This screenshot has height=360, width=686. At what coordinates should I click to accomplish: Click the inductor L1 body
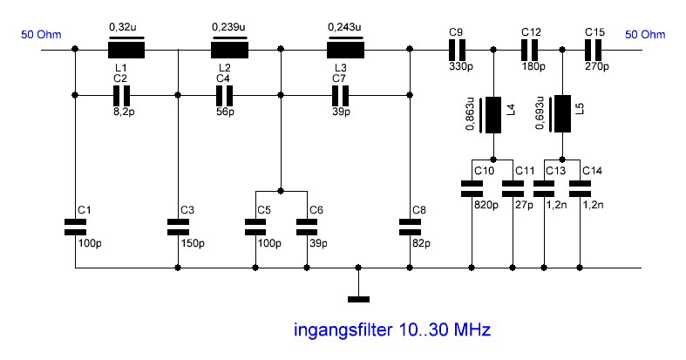tap(126, 50)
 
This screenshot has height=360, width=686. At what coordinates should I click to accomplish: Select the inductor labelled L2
tap(230, 50)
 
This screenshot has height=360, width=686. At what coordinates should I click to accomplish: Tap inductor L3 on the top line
tap(346, 50)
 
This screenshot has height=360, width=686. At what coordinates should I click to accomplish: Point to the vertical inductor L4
tap(493, 115)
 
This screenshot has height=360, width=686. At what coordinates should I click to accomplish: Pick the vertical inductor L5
tap(562, 113)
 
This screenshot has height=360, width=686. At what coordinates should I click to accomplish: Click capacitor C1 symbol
tap(75, 228)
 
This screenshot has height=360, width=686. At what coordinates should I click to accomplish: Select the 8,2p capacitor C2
tap(122, 95)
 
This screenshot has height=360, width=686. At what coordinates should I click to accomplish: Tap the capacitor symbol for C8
tap(410, 228)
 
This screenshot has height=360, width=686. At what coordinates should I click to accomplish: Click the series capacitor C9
tap(457, 50)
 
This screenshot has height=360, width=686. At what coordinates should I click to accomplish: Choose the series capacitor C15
tap(594, 50)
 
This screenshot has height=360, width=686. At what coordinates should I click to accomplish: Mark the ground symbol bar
tap(358, 300)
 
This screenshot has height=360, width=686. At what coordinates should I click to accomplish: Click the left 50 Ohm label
tap(41, 35)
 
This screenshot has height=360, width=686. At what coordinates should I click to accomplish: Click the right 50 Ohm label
tap(645, 35)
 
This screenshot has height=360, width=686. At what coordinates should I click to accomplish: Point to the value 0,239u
tap(228, 27)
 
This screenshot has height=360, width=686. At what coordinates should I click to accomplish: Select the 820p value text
tap(486, 205)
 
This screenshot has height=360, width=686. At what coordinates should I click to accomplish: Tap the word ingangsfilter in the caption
tap(343, 329)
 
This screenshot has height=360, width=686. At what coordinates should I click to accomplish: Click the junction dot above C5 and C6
tap(281, 191)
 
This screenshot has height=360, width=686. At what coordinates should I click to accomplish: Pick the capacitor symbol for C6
tap(307, 228)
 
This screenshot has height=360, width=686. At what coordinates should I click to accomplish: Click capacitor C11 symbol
tap(513, 188)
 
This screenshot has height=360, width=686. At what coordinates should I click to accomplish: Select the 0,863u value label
tap(471, 113)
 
